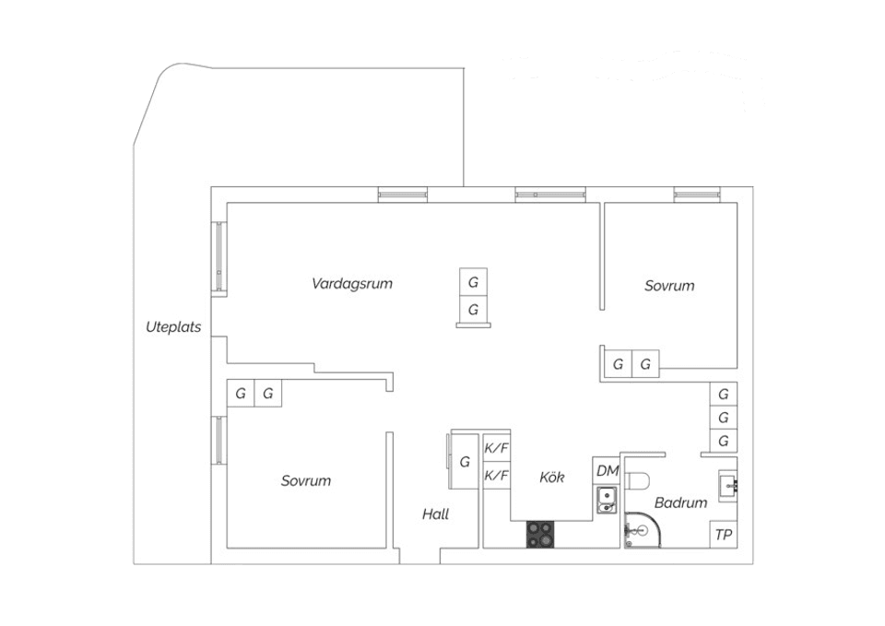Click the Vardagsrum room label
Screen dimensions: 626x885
352,283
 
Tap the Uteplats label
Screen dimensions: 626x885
173,326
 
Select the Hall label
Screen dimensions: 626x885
435,514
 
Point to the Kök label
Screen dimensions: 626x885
552,477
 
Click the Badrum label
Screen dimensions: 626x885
680,502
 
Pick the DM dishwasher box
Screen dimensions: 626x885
607,470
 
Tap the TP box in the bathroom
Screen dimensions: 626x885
724,535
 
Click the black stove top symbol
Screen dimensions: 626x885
541,534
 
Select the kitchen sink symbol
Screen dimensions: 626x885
607,501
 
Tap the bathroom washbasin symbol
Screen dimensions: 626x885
728,483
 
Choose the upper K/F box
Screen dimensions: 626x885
497,448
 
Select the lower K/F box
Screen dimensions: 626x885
497,476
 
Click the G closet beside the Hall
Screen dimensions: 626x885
465,461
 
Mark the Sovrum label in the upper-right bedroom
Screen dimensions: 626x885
669,286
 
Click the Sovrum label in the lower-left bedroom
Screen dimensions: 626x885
306,480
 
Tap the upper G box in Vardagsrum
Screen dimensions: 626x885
473,281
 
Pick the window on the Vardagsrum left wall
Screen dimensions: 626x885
219,257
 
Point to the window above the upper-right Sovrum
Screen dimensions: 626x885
697,195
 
